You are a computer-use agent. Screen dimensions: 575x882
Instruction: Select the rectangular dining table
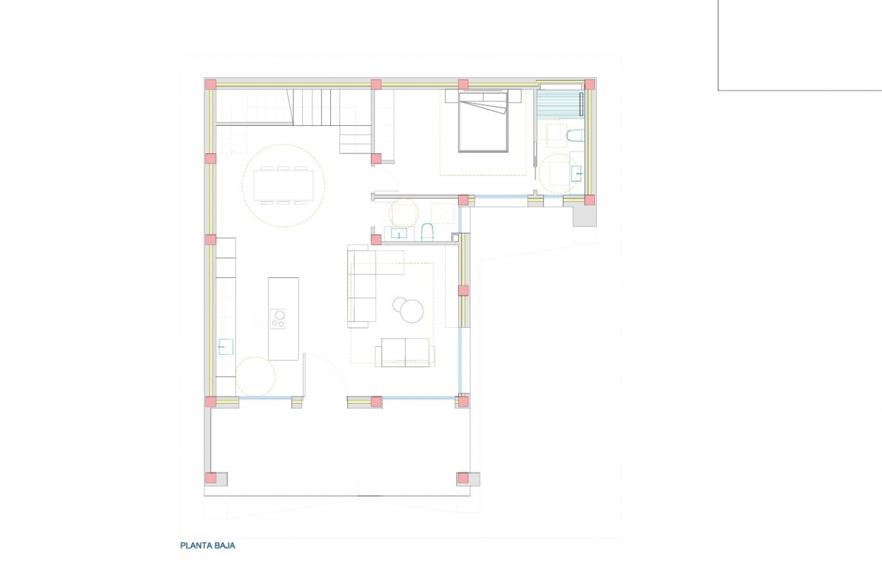coord(283,186)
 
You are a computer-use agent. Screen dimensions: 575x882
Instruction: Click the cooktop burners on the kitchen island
coord(278,318)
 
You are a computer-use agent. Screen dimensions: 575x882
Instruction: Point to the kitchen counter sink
coord(226,346)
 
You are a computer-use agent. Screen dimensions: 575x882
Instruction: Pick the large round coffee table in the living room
coord(412,311)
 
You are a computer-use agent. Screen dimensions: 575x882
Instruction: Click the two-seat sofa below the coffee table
coord(405,352)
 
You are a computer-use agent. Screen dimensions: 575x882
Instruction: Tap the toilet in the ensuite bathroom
coord(575,136)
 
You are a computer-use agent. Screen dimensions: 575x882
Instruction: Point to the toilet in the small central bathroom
coord(428,232)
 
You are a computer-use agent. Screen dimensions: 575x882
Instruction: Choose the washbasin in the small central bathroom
coord(398,233)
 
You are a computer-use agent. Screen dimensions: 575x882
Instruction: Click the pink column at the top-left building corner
coord(211,84)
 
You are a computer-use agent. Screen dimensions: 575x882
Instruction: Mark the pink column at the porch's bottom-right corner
coord(463,478)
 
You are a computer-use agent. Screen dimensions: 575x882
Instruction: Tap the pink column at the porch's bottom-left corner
coord(211,478)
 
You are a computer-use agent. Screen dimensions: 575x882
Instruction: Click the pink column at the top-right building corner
coord(589,84)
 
